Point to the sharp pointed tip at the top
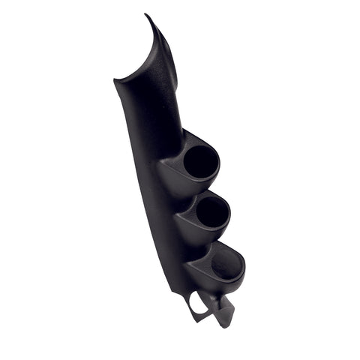[147, 15]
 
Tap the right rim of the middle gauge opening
[229, 211]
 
